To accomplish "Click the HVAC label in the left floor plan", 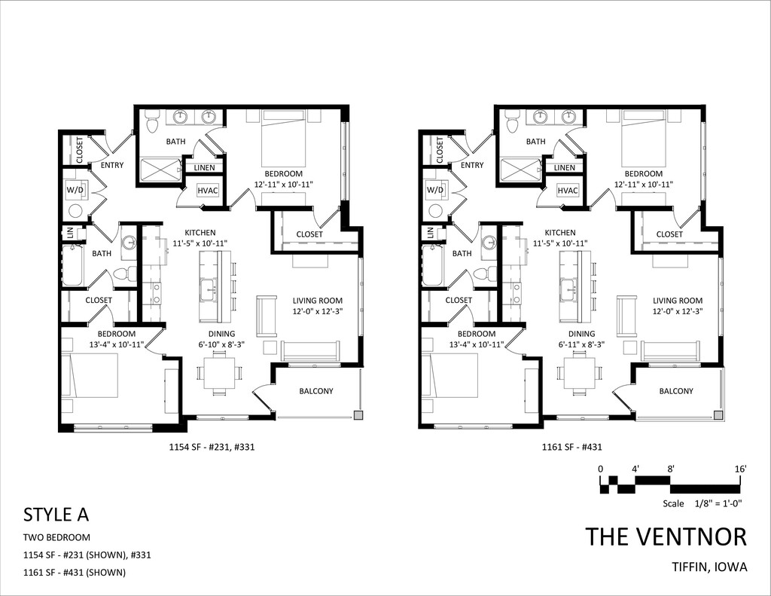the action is [x=208, y=191].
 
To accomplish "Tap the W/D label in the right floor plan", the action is [x=434, y=189].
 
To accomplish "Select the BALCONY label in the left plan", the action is [x=316, y=391].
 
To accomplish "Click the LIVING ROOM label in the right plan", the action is [x=677, y=301].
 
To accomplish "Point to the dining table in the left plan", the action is [x=219, y=374].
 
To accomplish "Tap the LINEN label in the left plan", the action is [x=204, y=168].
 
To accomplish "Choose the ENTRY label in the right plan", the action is [x=472, y=165].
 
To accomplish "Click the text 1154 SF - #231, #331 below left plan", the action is [x=212, y=448].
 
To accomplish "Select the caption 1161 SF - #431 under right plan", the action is [x=572, y=448].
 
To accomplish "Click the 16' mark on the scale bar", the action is [x=741, y=469].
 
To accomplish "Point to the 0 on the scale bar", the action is [x=600, y=469].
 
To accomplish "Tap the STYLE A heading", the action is [x=56, y=515].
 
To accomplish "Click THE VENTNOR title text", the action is [x=666, y=536].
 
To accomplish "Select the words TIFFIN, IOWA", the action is [x=709, y=567].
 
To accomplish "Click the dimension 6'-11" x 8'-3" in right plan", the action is [x=582, y=344].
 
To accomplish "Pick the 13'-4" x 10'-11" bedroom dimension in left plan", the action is [x=117, y=344].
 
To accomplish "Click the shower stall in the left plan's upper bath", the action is [x=161, y=170].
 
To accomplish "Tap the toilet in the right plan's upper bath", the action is [x=512, y=120].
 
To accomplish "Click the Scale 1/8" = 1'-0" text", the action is [x=702, y=503].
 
